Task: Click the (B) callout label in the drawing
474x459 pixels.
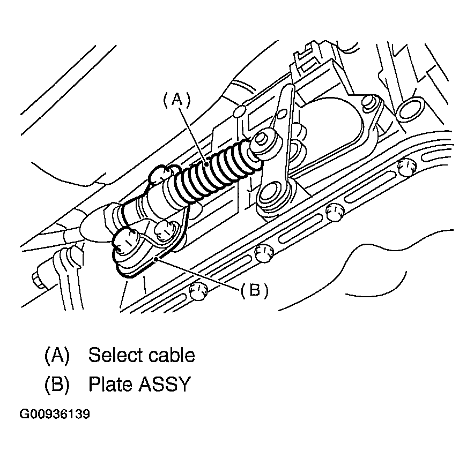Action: (254, 290)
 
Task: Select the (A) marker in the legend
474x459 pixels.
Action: (57, 355)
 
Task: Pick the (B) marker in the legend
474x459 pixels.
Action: (57, 384)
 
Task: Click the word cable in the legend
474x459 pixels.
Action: (170, 355)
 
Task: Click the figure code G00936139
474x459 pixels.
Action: (55, 414)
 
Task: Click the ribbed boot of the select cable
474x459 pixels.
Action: (214, 169)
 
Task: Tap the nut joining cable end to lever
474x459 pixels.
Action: (262, 140)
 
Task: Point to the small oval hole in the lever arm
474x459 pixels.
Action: (279, 114)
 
